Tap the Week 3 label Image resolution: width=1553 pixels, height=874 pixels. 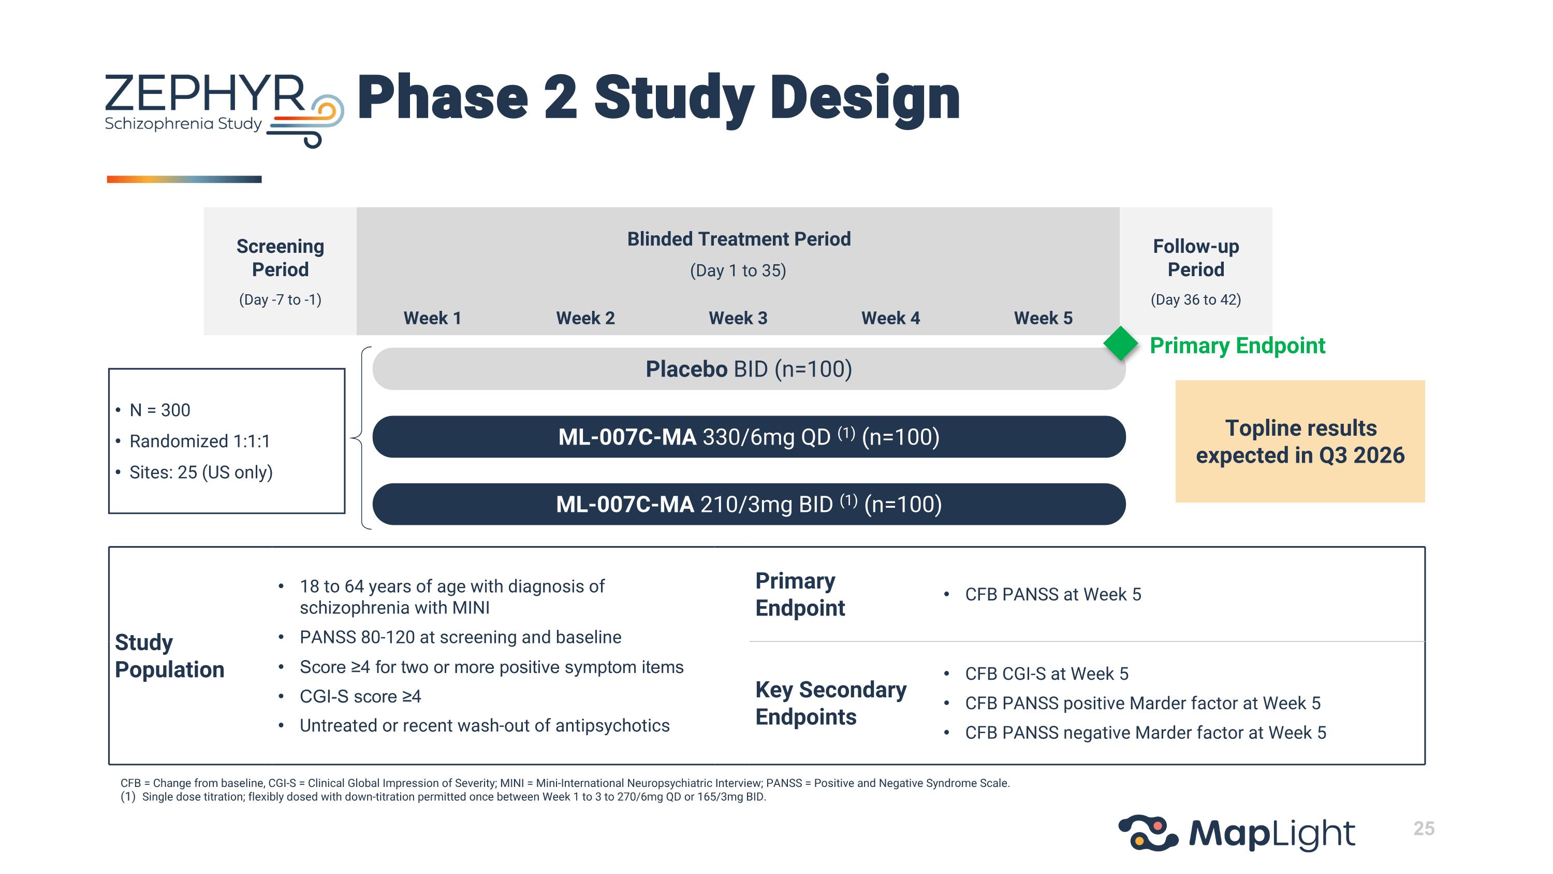pos(738,318)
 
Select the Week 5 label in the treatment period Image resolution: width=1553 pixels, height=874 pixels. pos(1043,318)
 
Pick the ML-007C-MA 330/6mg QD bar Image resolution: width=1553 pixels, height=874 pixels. pos(748,436)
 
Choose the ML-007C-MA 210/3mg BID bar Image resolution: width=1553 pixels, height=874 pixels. pos(748,504)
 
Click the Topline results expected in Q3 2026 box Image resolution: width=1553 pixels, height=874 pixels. pos(1300,441)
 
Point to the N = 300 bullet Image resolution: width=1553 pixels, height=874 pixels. pos(160,410)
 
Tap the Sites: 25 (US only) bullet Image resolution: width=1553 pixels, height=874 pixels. pos(201,472)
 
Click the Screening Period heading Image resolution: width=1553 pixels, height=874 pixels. pos(281,257)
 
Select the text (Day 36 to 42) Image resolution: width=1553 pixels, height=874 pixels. pos(1195,300)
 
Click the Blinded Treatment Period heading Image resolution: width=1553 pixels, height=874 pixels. pos(739,239)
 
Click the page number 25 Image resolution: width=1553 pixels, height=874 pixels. pos(1424,828)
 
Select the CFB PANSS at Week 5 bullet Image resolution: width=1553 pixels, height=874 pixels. pos(1052,594)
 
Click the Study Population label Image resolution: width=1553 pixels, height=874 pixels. pos(169,656)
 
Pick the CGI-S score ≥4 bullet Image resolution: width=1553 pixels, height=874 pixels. pos(360,696)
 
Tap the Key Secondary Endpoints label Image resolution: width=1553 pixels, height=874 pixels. pos(830,703)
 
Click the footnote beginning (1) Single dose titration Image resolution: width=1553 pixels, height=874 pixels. pos(443,797)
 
